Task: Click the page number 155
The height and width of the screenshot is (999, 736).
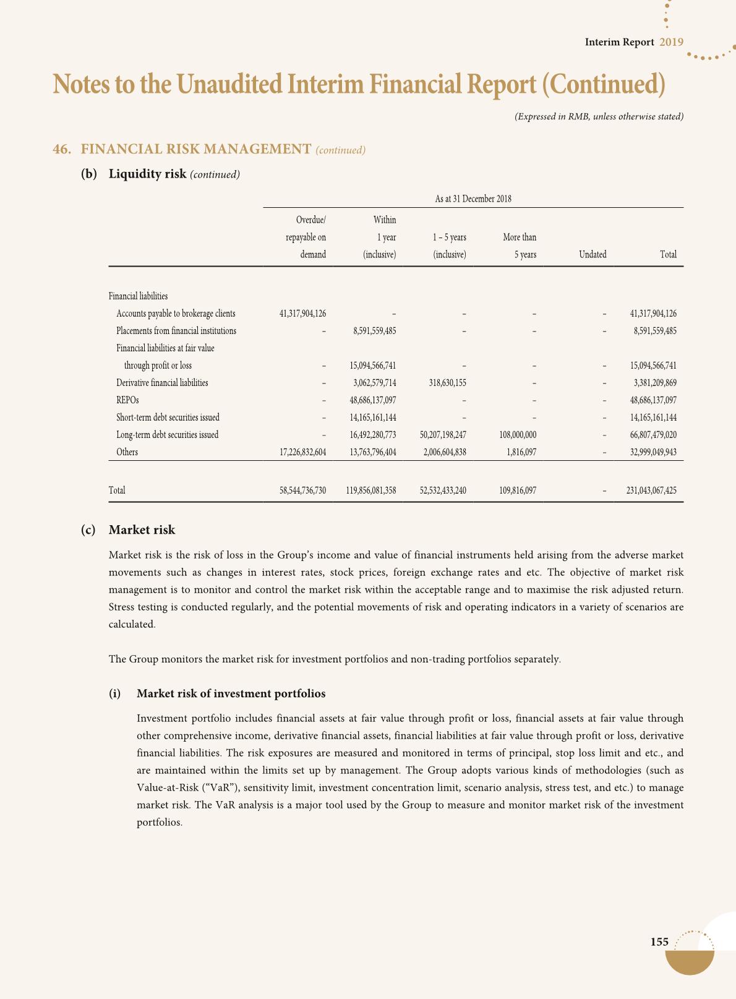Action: click(x=659, y=942)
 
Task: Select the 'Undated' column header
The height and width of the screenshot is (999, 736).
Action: click(x=593, y=254)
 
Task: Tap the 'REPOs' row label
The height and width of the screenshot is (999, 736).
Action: click(x=127, y=400)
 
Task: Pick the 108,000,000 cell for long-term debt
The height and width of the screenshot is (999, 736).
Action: click(x=517, y=435)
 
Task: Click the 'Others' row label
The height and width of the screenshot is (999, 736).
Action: click(x=127, y=452)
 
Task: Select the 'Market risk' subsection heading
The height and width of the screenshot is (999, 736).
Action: click(x=142, y=530)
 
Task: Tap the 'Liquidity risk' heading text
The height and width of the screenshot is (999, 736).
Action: click(x=147, y=174)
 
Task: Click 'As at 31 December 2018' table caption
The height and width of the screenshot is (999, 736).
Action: click(x=473, y=199)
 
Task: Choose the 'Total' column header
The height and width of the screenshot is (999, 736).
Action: click(x=668, y=254)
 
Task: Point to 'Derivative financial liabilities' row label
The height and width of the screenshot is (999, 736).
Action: click(x=162, y=383)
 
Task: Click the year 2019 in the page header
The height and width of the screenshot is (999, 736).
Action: click(x=671, y=42)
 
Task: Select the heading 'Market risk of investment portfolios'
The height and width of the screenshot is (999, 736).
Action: click(x=231, y=693)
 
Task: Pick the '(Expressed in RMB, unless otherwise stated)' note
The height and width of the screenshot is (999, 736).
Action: click(x=599, y=116)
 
